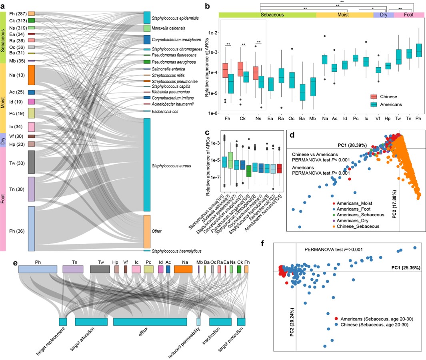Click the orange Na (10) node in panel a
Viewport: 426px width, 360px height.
32,75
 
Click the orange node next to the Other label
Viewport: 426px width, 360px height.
147,231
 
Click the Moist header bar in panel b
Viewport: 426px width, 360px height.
344,15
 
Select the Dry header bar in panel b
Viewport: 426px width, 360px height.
384,15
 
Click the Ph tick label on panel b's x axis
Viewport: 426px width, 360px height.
418,120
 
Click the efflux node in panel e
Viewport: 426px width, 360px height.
150,322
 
